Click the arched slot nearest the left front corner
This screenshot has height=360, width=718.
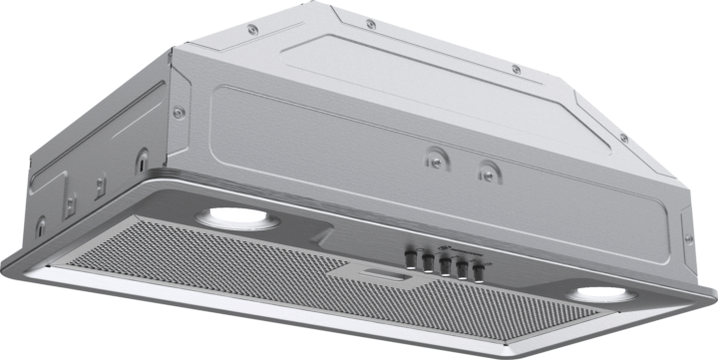[143, 158]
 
